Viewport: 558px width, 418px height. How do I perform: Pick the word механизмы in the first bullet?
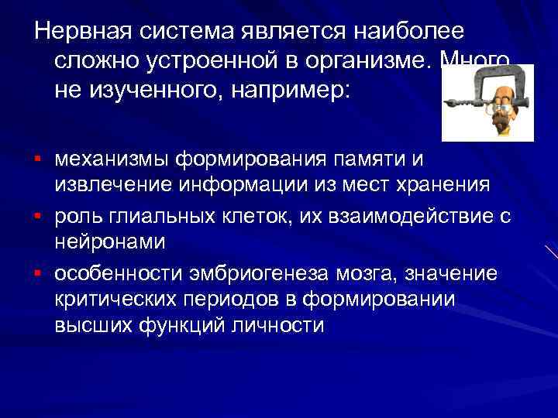click(111, 160)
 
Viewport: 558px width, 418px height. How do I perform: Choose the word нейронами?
click(109, 242)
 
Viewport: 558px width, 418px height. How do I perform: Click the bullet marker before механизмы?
click(37, 160)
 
